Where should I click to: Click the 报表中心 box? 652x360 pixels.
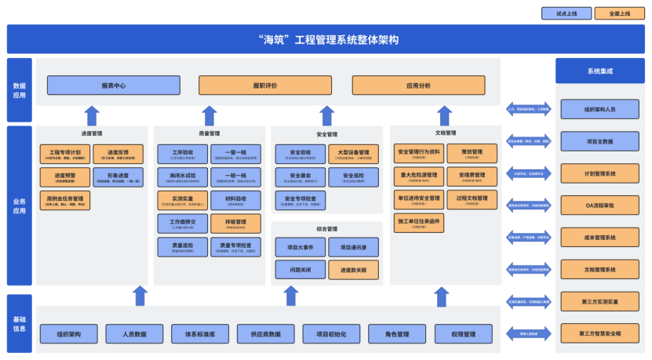[x=112, y=85]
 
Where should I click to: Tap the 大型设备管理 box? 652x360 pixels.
[x=353, y=154]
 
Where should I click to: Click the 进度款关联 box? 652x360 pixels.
[x=353, y=270]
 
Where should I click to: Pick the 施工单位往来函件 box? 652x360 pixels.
[x=419, y=223]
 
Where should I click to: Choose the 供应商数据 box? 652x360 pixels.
[x=265, y=334]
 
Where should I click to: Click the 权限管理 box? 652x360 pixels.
[x=463, y=334]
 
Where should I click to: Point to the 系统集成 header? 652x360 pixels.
[x=600, y=71]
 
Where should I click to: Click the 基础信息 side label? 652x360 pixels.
[x=19, y=323]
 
